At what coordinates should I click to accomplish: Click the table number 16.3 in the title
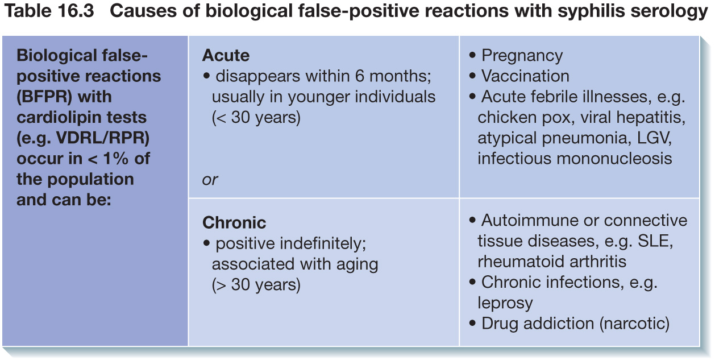76,11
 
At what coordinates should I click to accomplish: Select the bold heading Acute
226,55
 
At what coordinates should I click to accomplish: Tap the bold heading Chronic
234,222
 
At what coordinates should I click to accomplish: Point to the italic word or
210,180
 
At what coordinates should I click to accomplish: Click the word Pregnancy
522,56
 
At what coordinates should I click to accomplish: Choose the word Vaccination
525,76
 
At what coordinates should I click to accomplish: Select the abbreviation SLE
655,241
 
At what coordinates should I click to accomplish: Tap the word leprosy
505,303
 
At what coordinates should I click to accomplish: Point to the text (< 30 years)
256,117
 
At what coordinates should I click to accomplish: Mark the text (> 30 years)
256,284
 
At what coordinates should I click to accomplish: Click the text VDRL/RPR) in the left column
103,138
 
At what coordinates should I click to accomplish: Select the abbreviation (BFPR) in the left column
44,97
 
